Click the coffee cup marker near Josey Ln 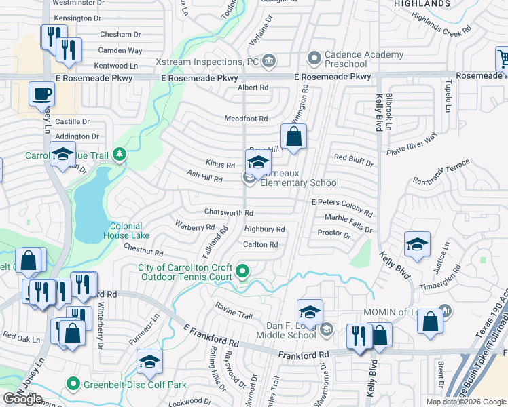pos(41,94)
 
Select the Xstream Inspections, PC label pos(217,61)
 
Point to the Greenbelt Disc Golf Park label pos(135,385)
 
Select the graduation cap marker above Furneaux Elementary pos(258,162)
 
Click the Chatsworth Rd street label pos(229,212)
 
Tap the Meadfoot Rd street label pos(246,119)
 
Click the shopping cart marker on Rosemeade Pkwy pos(503,60)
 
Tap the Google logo pos(22,399)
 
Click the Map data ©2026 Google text pos(466,402)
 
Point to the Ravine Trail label pos(234,314)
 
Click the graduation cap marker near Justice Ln pos(417,244)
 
